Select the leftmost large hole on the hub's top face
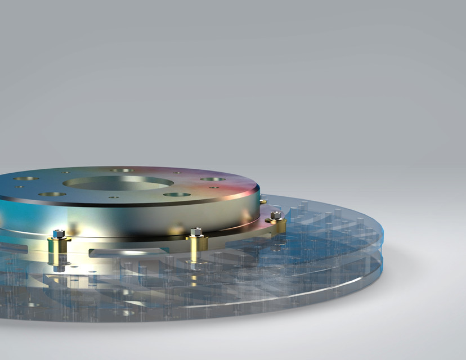(x=26, y=178)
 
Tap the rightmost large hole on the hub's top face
(x=213, y=179)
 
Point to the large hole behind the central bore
(x=122, y=170)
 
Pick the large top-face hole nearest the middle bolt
(x=177, y=195)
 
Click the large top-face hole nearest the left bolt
(x=52, y=194)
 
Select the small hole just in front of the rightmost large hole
(x=214, y=187)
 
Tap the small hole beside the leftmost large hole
(x=19, y=187)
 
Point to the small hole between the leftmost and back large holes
(x=66, y=172)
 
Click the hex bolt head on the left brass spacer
(x=59, y=233)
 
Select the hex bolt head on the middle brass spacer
(x=196, y=231)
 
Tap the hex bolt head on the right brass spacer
(x=275, y=215)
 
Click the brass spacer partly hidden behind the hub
(x=263, y=200)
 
